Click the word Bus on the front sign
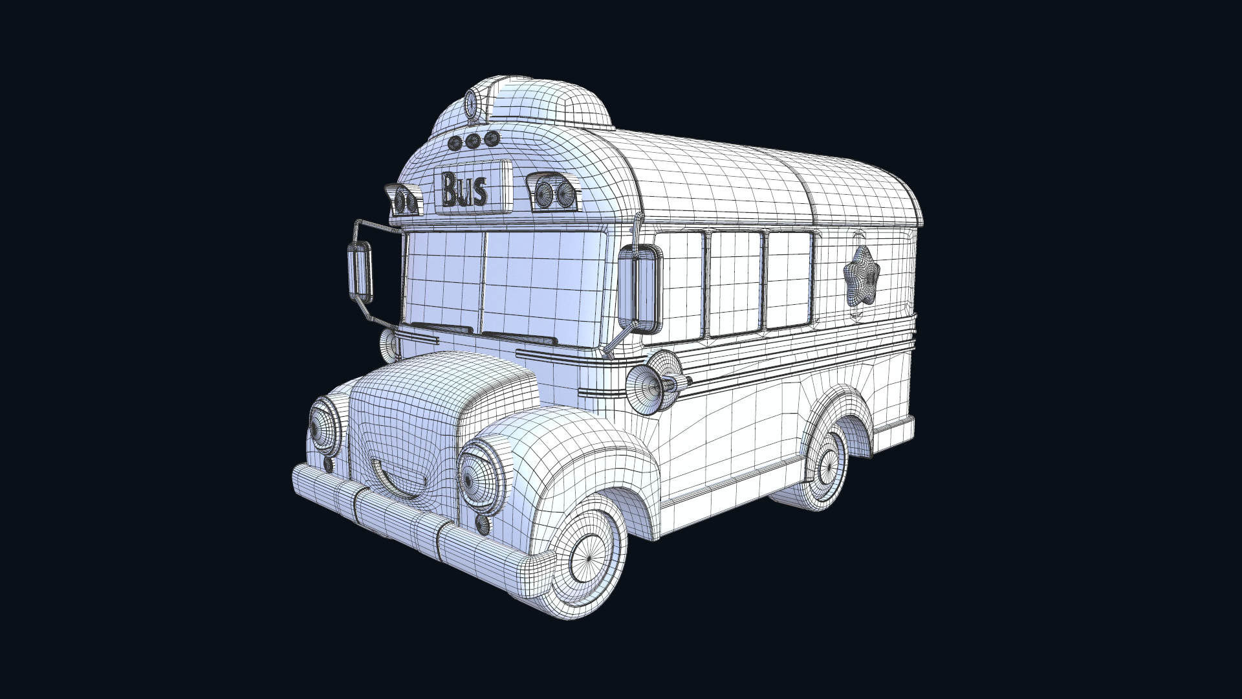pos(464,190)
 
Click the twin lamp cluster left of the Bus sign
pos(406,199)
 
